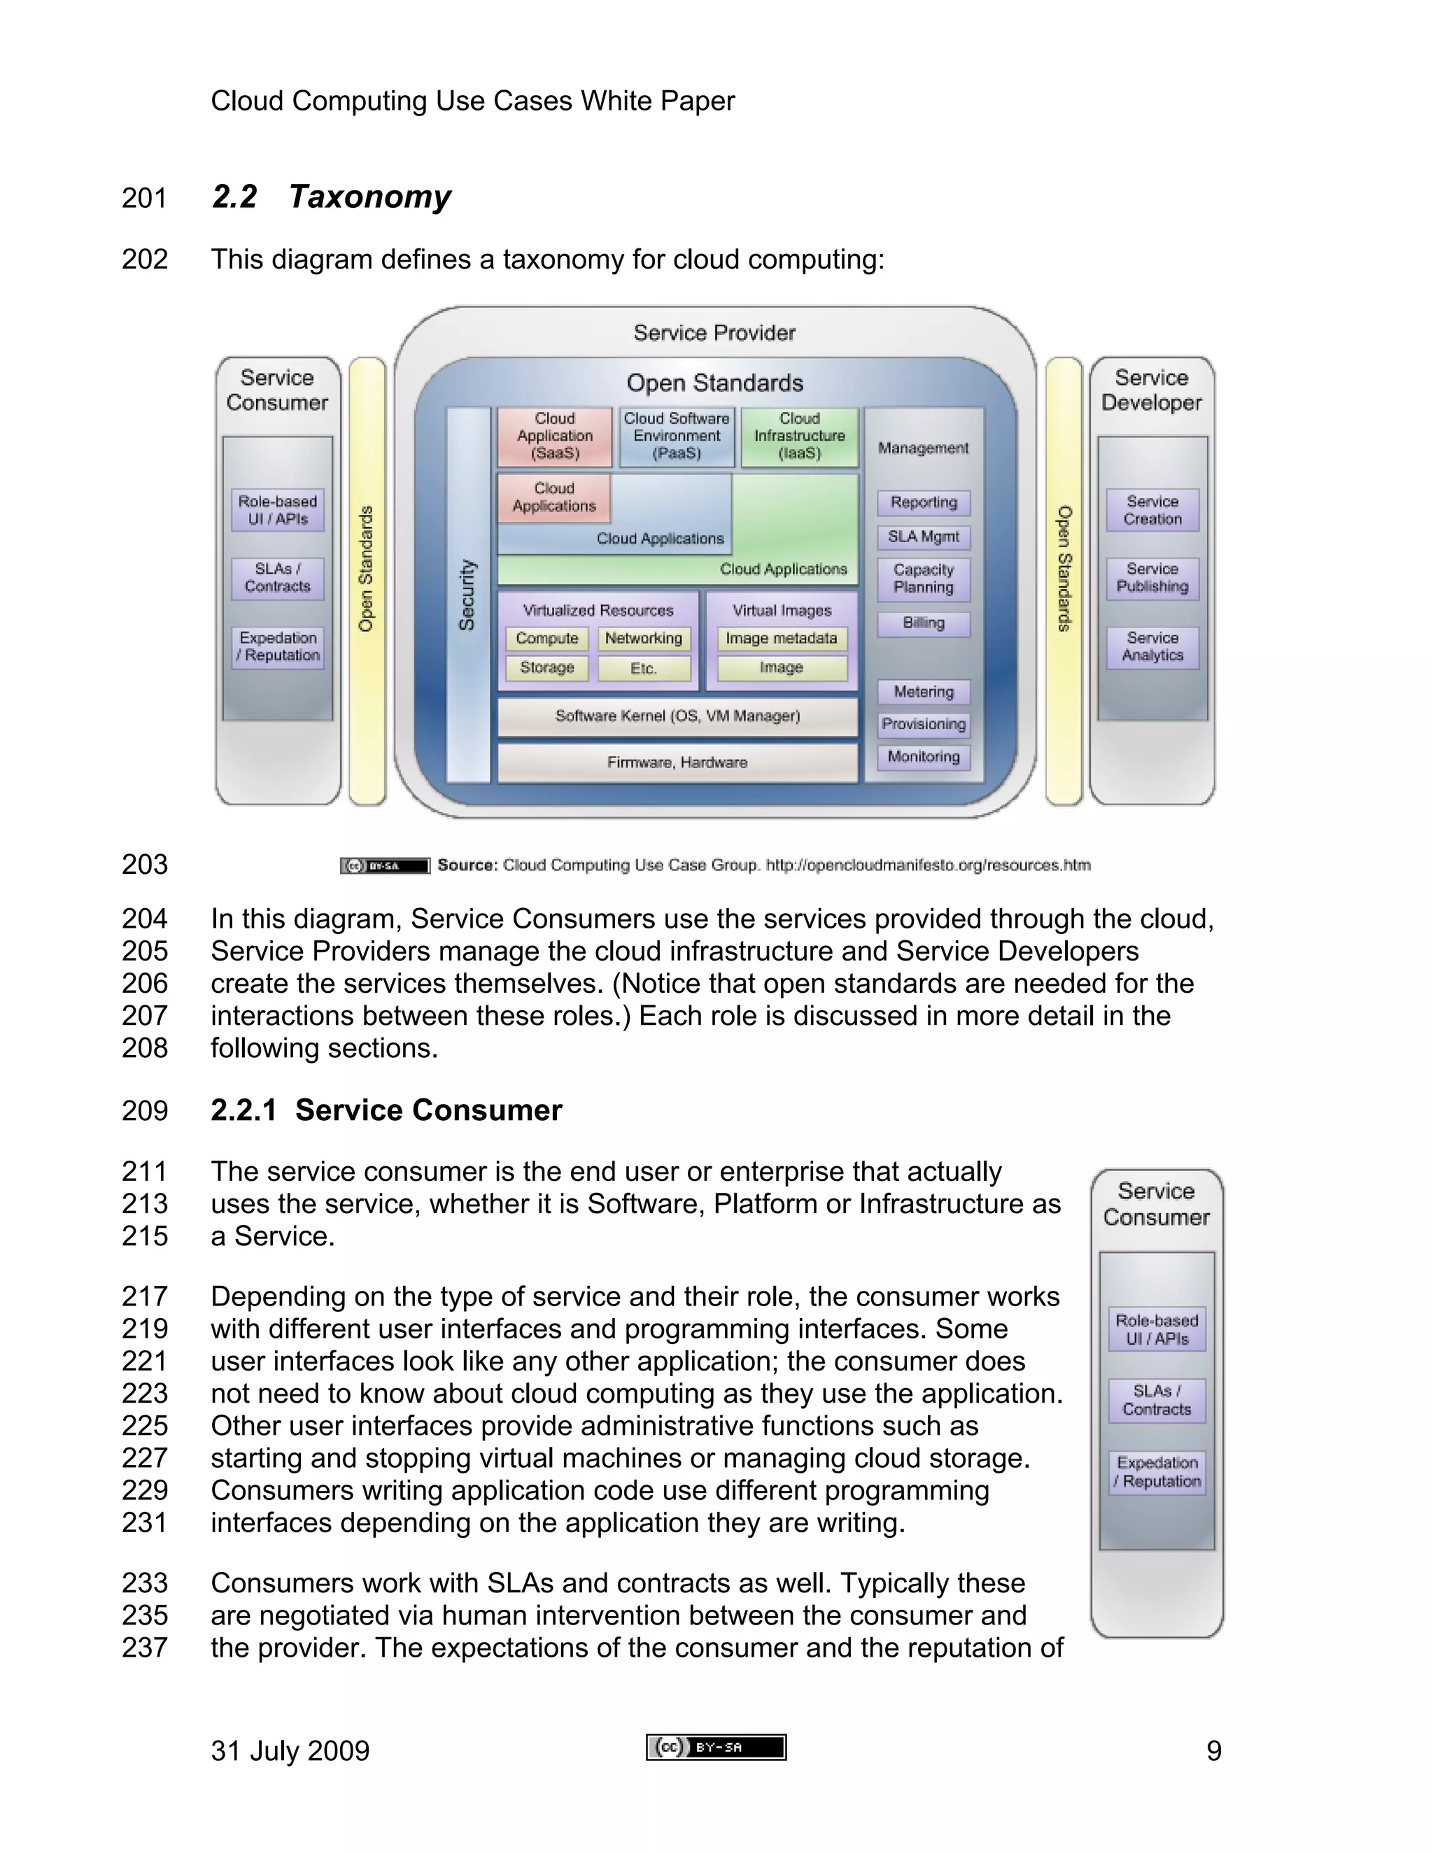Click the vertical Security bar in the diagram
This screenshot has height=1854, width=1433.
(x=468, y=594)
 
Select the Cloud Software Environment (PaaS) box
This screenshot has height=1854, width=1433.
(x=677, y=437)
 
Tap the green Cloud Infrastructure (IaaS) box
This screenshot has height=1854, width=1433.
(x=800, y=437)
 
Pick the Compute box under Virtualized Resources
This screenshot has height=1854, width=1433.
(x=546, y=638)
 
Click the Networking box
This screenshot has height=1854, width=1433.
(x=644, y=638)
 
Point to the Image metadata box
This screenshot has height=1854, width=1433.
(x=781, y=638)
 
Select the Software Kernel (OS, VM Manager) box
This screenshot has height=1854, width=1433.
(x=677, y=716)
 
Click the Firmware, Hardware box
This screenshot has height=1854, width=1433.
(x=677, y=763)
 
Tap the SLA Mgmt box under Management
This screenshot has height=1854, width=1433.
(x=924, y=537)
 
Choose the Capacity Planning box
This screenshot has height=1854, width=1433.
(x=924, y=579)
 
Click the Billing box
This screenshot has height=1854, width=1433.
(x=924, y=623)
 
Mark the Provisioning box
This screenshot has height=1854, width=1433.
(x=924, y=724)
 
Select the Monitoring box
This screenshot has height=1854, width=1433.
(x=924, y=756)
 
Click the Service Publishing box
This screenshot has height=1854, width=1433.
(x=1152, y=578)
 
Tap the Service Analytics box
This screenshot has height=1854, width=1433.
(x=1152, y=647)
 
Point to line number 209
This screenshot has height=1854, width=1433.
(x=144, y=1110)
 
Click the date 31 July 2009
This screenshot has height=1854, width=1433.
(x=290, y=1751)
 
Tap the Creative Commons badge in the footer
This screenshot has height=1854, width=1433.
(x=716, y=1747)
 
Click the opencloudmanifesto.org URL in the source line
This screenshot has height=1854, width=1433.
(x=928, y=865)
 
